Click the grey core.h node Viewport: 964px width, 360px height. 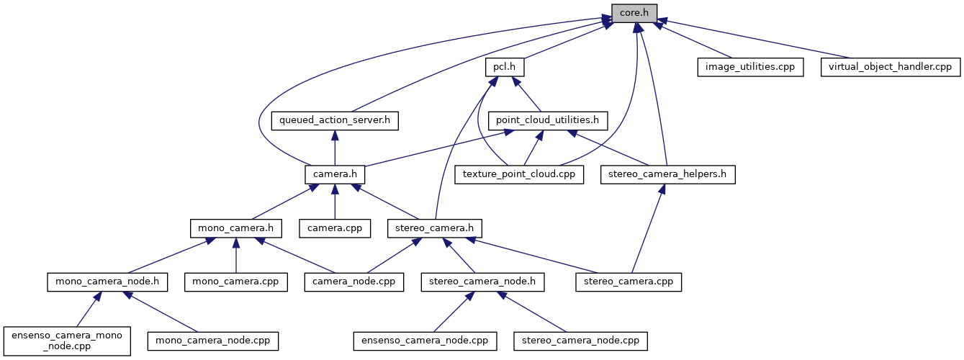[x=634, y=12]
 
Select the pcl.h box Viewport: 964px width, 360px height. [x=504, y=67]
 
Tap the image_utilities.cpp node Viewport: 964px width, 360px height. [x=749, y=67]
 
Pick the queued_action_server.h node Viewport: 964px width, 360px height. [x=335, y=120]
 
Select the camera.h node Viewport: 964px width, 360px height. [x=335, y=174]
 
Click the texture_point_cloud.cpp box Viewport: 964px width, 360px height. [x=519, y=174]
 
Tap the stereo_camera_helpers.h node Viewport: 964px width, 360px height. [x=668, y=174]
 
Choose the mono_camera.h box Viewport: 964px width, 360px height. [x=235, y=228]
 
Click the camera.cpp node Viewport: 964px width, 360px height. [x=335, y=228]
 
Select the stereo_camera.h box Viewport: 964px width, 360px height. [x=434, y=228]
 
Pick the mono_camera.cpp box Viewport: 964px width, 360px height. [x=235, y=282]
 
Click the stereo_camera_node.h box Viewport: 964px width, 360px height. [x=482, y=282]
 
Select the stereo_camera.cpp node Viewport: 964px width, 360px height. [x=629, y=282]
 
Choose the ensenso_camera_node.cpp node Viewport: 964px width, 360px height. [x=425, y=340]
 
